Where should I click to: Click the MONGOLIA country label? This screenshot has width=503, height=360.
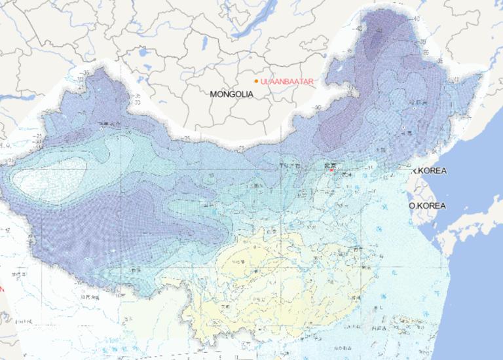[x=231, y=94]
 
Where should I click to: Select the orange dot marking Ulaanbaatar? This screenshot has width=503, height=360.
[x=255, y=81]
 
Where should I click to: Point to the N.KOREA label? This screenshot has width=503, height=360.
[x=430, y=171]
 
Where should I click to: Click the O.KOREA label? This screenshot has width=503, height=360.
[x=427, y=206]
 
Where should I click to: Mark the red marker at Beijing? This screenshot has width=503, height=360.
[x=332, y=171]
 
